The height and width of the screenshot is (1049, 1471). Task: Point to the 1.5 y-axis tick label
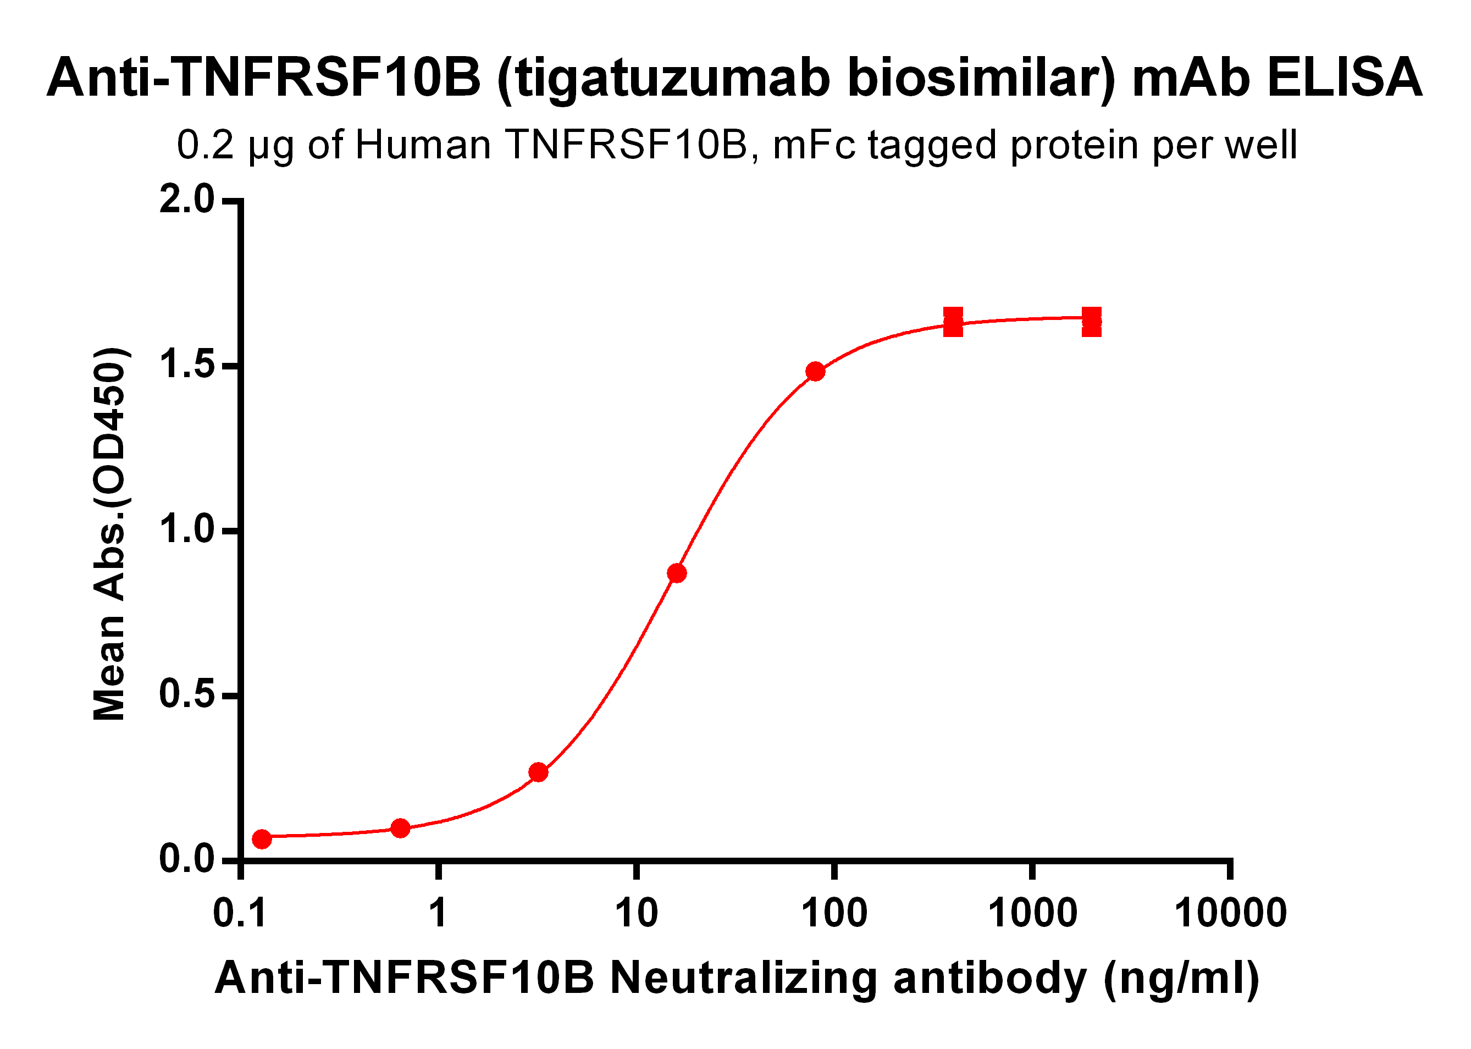point(186,365)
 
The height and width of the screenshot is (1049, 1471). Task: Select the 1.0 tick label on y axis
point(186,529)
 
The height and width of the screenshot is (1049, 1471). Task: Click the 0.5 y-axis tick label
point(186,694)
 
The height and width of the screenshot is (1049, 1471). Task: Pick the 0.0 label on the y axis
point(186,859)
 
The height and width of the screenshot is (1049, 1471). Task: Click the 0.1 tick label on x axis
point(240,913)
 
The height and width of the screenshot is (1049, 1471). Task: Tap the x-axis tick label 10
point(636,913)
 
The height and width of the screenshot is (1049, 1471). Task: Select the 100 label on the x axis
point(834,913)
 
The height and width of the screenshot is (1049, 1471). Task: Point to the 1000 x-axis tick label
point(1032,913)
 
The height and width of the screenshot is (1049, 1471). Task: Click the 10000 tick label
point(1230,913)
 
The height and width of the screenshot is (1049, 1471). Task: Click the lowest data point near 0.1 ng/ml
point(262,839)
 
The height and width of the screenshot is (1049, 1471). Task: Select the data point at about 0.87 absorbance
point(677,573)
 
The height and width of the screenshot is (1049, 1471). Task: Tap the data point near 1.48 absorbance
point(815,372)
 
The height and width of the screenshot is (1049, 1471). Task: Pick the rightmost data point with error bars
point(1091,322)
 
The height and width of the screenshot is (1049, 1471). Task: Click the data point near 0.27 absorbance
point(538,772)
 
